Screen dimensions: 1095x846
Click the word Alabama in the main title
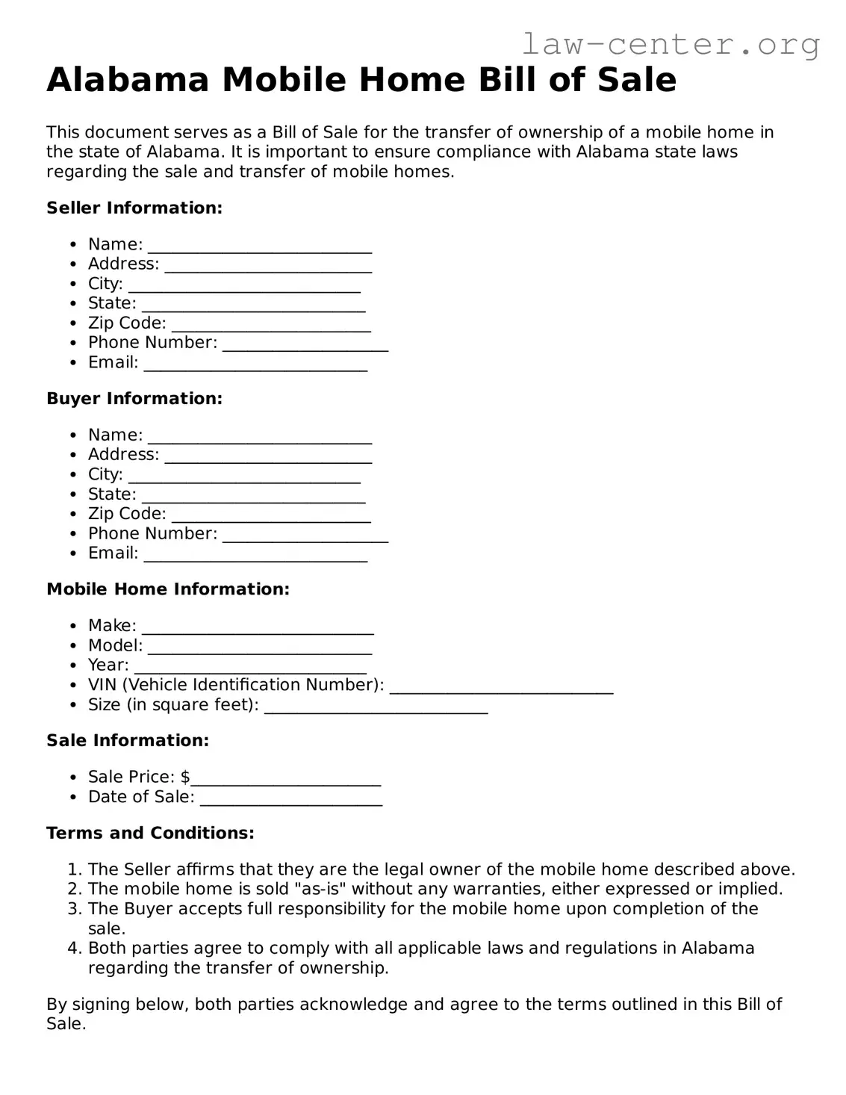128,80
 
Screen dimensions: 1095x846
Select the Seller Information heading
134,208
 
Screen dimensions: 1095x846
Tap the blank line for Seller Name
259,246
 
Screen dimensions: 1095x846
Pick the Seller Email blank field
255,365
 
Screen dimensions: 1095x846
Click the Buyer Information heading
134,398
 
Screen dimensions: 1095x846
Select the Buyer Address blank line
268,456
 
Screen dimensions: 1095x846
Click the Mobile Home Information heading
168,589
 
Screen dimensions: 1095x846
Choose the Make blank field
258,627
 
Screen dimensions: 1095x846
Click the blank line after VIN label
501,687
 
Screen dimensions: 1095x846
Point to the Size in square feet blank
376,707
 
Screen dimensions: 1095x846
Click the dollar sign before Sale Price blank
185,777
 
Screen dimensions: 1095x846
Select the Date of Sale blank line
291,799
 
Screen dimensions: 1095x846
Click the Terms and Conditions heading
150,833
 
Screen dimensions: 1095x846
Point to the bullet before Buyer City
72,475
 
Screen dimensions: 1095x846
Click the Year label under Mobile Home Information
108,665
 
